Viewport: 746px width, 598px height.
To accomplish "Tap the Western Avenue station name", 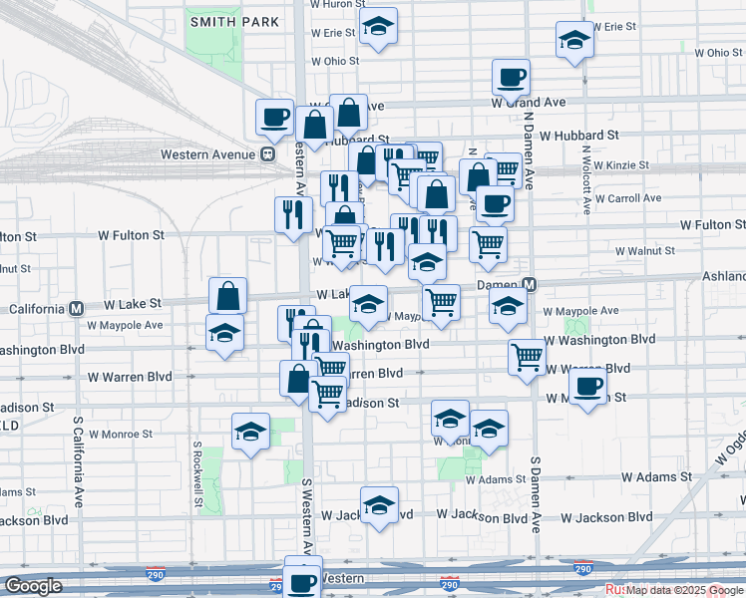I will (x=208, y=154).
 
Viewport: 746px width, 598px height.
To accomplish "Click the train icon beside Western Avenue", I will (x=267, y=154).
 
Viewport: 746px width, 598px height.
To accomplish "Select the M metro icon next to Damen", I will (x=530, y=285).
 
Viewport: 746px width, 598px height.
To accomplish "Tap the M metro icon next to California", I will (x=76, y=308).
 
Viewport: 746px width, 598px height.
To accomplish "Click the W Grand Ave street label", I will (x=529, y=103).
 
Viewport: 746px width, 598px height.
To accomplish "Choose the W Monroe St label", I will (x=120, y=435).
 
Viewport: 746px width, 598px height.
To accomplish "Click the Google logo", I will (x=33, y=586).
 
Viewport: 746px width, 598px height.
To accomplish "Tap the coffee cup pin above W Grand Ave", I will (x=511, y=77).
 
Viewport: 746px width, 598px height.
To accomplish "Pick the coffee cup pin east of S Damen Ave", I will (x=588, y=387).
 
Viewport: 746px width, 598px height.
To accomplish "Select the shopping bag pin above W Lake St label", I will (x=228, y=296).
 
